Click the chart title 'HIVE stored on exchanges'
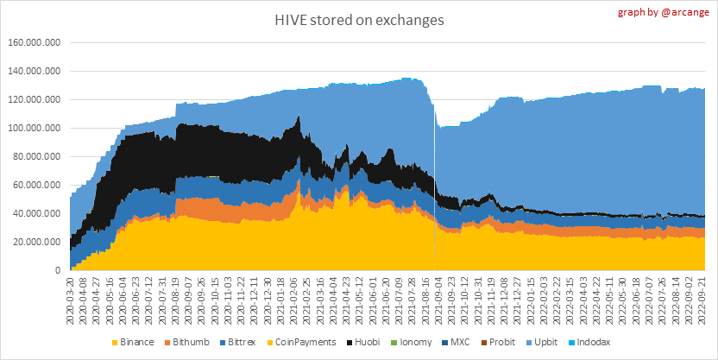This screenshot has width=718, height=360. coord(358,19)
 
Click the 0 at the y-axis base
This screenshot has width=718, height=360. coord(57,270)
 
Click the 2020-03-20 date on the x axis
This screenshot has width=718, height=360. coord(70,296)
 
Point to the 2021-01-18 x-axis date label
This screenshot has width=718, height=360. coord(281,296)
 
